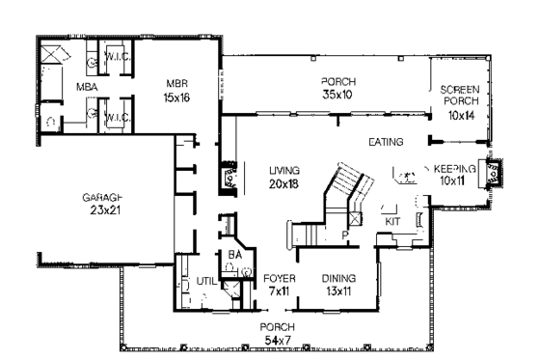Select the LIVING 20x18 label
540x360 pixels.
click(x=285, y=177)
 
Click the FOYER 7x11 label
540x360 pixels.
click(x=280, y=285)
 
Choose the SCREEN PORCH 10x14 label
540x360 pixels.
click(x=459, y=100)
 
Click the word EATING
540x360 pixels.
click(x=385, y=143)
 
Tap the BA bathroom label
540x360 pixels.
click(x=234, y=255)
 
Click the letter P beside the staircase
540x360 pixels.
click(x=342, y=233)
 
